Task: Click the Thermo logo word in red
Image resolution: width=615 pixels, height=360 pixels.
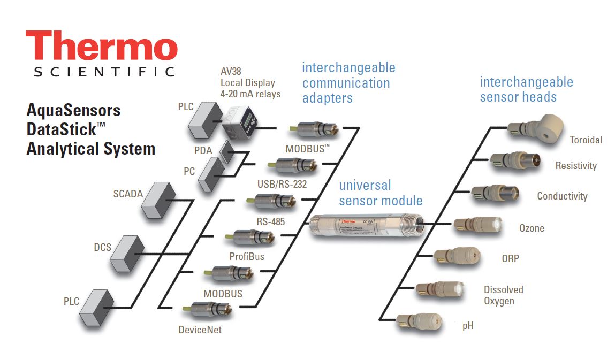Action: [x=101, y=46]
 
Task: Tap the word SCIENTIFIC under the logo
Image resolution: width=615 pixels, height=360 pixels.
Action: [x=104, y=72]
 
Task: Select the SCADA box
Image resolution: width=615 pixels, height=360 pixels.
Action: [x=158, y=200]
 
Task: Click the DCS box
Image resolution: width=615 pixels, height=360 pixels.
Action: [x=127, y=252]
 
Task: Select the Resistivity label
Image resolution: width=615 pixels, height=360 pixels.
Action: [x=576, y=166]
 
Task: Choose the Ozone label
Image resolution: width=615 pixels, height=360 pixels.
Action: [x=532, y=228]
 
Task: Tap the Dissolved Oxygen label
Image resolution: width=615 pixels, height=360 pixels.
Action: [x=503, y=295]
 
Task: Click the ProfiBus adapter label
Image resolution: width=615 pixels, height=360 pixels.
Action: [x=247, y=256]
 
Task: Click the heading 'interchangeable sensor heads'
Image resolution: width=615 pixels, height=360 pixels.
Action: [x=526, y=89]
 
